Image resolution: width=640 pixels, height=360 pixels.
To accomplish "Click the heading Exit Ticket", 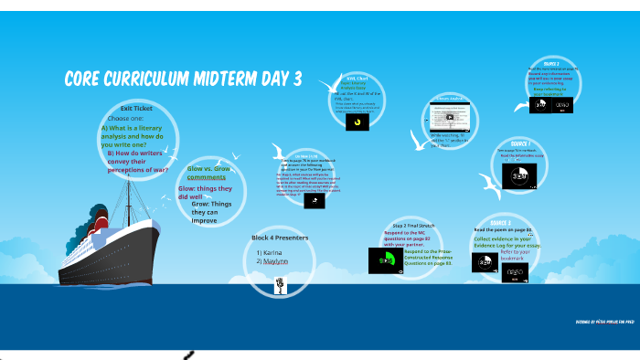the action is point(135,108).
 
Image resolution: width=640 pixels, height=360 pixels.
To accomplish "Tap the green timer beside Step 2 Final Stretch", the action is point(389,261).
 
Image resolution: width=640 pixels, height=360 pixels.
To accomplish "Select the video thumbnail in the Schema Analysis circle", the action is point(451,117).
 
